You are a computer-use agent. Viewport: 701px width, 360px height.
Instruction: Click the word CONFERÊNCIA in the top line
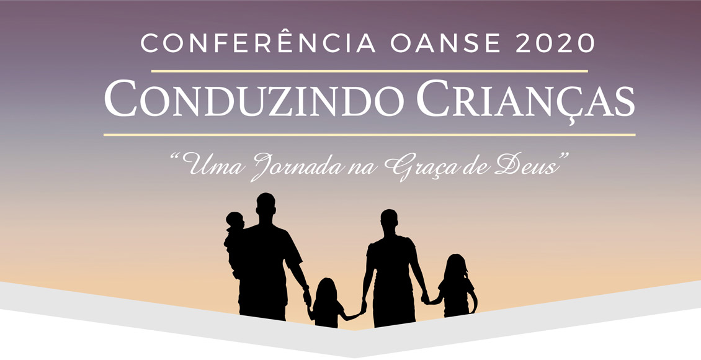point(257,43)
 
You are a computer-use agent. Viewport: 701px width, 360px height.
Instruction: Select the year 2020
point(555,43)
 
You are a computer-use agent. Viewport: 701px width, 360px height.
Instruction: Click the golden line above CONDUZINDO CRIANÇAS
point(369,71)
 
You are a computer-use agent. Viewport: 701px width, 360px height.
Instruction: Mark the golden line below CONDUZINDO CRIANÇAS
point(369,135)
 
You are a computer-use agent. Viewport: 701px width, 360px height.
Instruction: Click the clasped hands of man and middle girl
point(308,297)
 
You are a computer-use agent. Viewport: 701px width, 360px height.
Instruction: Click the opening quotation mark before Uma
point(176,158)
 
